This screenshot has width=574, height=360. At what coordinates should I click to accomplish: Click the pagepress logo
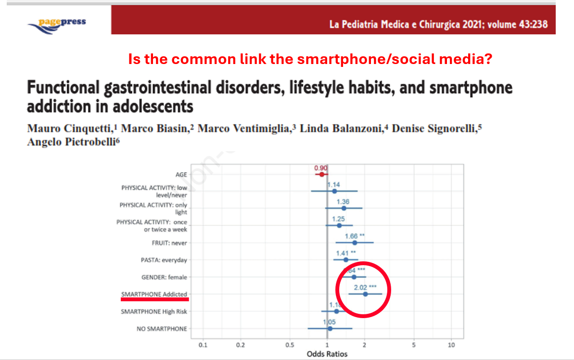pyautogui.click(x=57, y=23)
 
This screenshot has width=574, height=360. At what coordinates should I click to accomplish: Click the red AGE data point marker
pyautogui.click(x=321, y=174)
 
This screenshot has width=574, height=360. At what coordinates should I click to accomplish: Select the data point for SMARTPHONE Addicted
pyautogui.click(x=365, y=294)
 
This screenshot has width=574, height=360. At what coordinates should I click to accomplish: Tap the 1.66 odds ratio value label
pyautogui.click(x=352, y=236)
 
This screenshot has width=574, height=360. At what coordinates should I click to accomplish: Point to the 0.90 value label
pyautogui.click(x=320, y=168)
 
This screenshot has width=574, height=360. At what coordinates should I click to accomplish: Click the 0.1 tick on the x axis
pyautogui.click(x=203, y=345)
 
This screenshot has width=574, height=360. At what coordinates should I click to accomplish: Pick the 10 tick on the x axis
pyautogui.click(x=451, y=345)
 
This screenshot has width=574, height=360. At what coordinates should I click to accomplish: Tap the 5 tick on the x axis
pyautogui.click(x=414, y=345)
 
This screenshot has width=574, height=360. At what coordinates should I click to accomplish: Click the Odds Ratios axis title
pyautogui.click(x=327, y=354)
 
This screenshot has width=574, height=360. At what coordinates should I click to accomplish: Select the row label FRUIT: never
pyautogui.click(x=169, y=243)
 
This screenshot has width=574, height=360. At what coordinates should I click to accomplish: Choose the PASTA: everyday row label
pyautogui.click(x=164, y=260)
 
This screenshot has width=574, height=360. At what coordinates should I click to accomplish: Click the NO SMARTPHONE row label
pyautogui.click(x=162, y=329)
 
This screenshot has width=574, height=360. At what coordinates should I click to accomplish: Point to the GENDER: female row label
pyautogui.click(x=164, y=277)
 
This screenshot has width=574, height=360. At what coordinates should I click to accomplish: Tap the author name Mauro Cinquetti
pyautogui.click(x=69, y=129)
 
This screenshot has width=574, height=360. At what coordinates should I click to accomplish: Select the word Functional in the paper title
pyautogui.click(x=64, y=89)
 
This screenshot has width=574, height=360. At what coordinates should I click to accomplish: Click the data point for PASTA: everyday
pyautogui.click(x=345, y=260)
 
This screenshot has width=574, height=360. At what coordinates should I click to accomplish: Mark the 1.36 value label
pyautogui.click(x=343, y=202)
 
